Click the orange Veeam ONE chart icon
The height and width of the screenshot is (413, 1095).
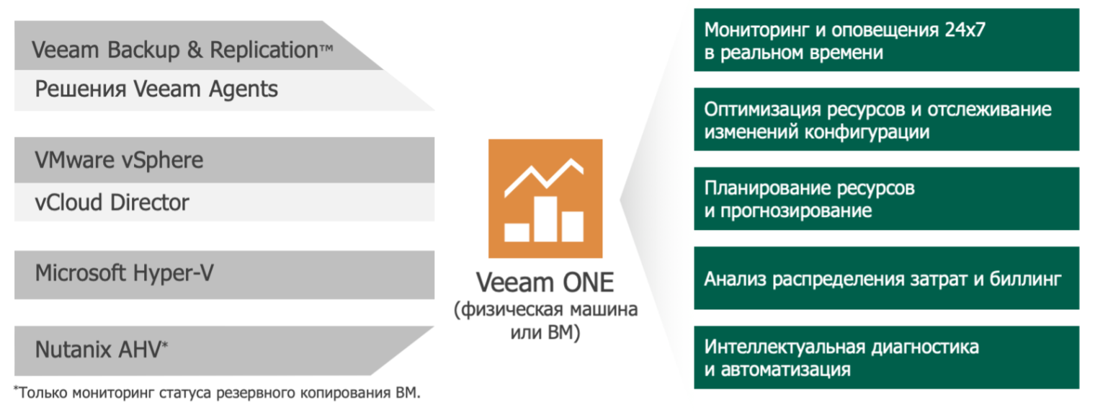coord(545,198)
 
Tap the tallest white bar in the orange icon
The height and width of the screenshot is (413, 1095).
coord(545,218)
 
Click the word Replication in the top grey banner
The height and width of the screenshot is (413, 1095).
coord(264,50)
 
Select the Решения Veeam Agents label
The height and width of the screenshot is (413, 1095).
coord(156,89)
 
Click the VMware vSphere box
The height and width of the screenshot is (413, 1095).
coord(224,160)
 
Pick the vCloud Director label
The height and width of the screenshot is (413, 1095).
coord(112,203)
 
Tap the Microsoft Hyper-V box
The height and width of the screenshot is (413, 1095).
coord(224,275)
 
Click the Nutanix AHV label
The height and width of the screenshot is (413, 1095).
coord(98,350)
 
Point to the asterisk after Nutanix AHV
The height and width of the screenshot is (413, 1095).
coord(165,345)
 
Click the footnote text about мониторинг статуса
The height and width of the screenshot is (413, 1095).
coord(217,392)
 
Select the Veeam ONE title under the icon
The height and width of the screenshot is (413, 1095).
coord(545,283)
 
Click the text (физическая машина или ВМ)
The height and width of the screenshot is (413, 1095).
coord(545,321)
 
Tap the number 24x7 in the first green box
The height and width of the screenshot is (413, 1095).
coord(965,30)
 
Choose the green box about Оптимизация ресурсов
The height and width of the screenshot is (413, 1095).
coord(886,120)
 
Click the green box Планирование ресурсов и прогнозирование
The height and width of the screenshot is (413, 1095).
coord(886,199)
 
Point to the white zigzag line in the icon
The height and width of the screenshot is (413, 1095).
coord(544,177)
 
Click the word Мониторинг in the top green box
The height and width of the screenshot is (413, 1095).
coord(756,31)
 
